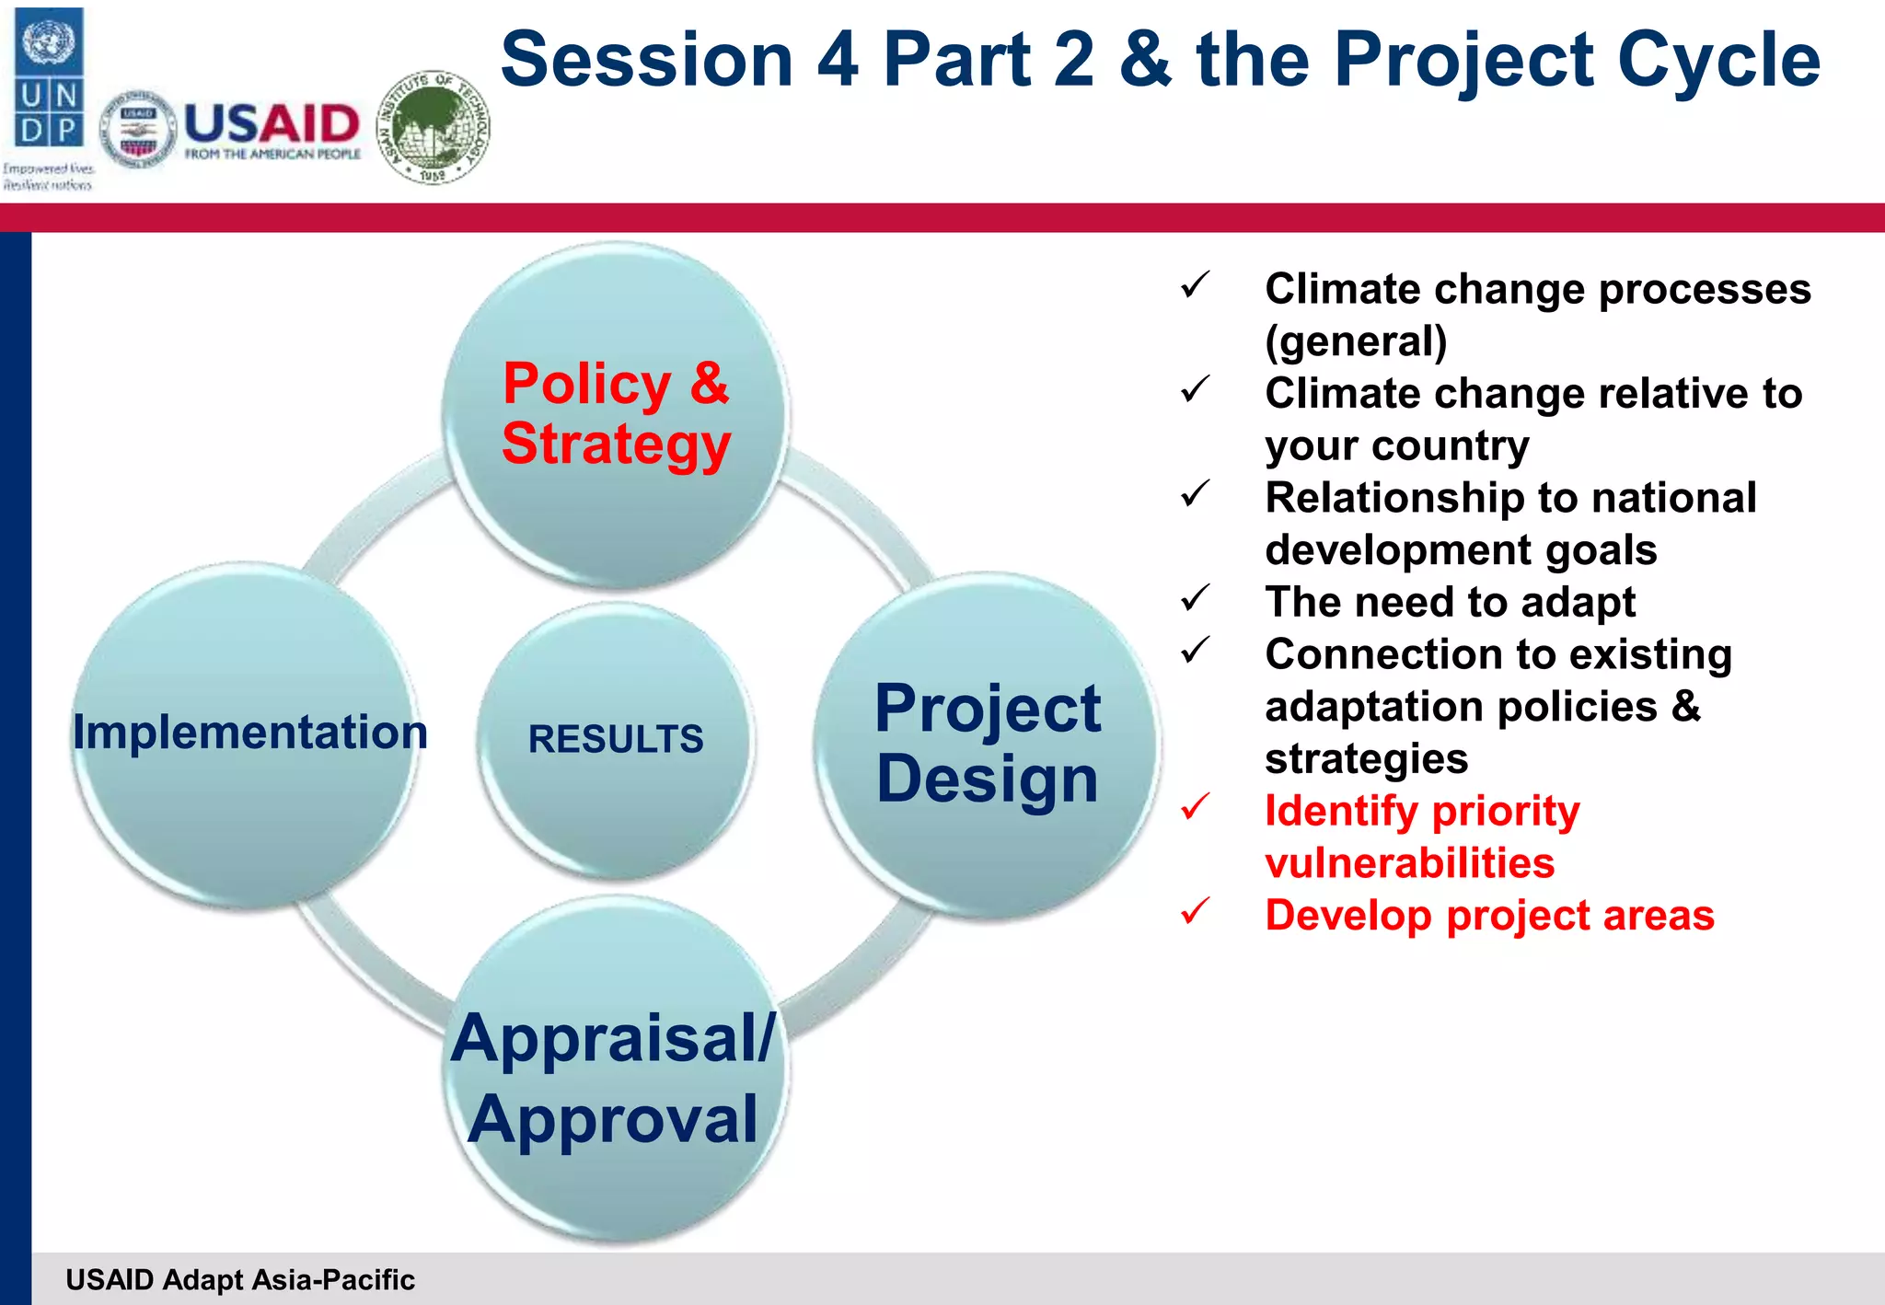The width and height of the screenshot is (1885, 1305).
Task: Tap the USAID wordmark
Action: pyautogui.click(x=272, y=124)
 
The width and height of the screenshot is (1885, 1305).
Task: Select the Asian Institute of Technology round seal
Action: pyautogui.click(x=434, y=127)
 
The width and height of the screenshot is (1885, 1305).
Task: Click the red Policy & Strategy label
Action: pyautogui.click(x=616, y=413)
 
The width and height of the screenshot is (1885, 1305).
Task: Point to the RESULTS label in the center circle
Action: pyautogui.click(x=615, y=739)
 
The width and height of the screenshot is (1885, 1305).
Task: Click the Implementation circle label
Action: pyautogui.click(x=249, y=733)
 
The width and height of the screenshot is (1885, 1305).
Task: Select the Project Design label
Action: pyautogui.click(x=988, y=744)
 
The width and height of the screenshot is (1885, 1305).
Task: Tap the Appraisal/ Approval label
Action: pyautogui.click(x=613, y=1079)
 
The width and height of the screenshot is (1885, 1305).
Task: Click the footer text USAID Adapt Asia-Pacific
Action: pyautogui.click(x=240, y=1279)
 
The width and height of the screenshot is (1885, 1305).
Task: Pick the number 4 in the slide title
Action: pyautogui.click(x=838, y=61)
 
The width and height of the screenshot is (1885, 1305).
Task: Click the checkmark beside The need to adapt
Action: pyautogui.click(x=1195, y=599)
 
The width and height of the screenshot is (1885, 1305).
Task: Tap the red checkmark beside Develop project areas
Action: pyautogui.click(x=1195, y=912)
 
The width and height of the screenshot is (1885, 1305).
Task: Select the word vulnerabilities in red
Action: pyautogui.click(x=1409, y=863)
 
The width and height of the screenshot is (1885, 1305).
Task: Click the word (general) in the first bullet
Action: pyautogui.click(x=1356, y=341)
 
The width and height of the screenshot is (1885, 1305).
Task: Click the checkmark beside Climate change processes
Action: pyautogui.click(x=1195, y=285)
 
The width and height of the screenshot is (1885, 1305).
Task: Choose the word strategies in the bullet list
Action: pyautogui.click(x=1366, y=759)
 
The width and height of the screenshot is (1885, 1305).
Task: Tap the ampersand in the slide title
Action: pyautogui.click(x=1146, y=61)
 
